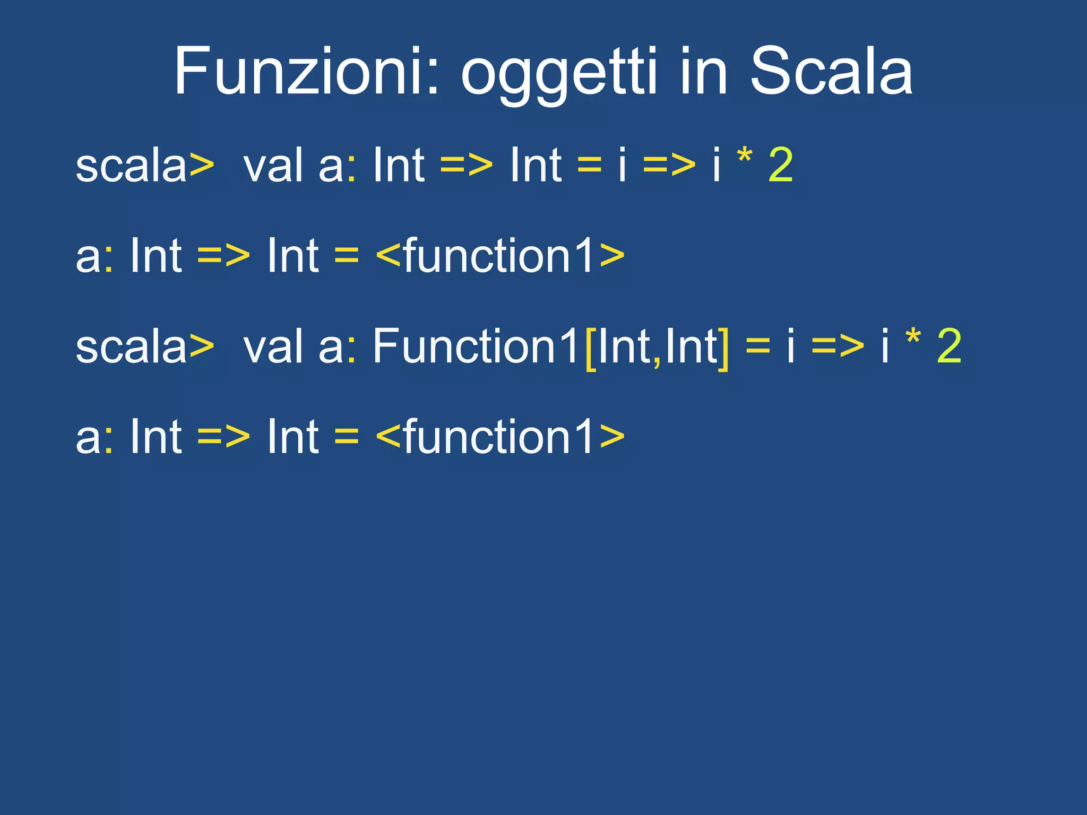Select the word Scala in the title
click(x=831, y=72)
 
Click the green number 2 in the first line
click(x=781, y=166)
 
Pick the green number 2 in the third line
click(x=950, y=346)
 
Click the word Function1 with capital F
click(x=475, y=346)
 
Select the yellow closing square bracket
click(x=723, y=348)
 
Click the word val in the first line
click(x=274, y=166)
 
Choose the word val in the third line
click(x=274, y=346)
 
